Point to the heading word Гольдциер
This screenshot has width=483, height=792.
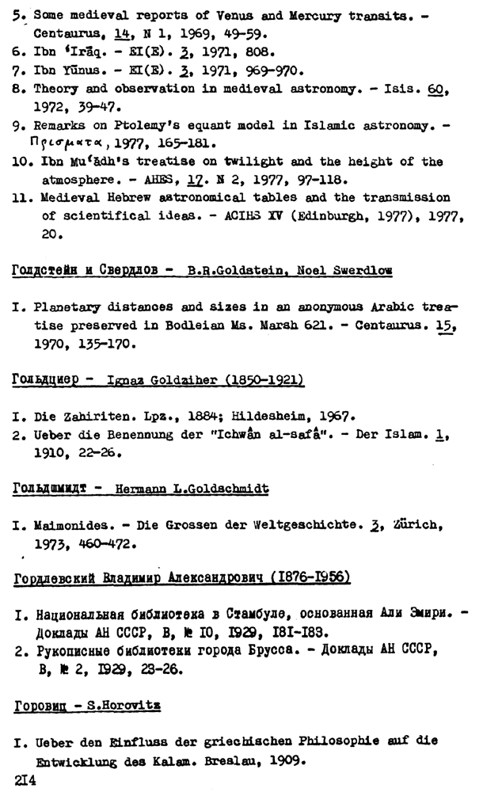coord(47,380)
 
